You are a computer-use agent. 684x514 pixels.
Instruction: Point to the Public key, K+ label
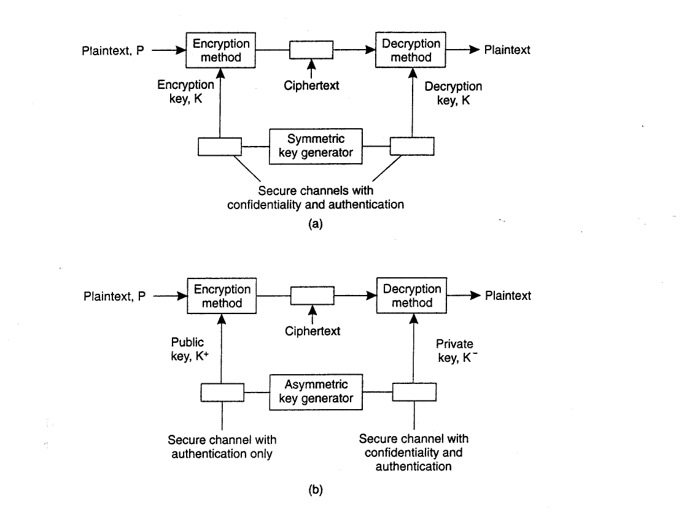tap(189, 349)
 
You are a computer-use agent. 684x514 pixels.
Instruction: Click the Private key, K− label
tap(456, 351)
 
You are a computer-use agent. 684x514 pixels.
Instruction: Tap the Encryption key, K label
tap(185, 91)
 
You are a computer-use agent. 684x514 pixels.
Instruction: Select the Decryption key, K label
tap(453, 93)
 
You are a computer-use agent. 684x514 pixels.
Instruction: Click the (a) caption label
tap(316, 224)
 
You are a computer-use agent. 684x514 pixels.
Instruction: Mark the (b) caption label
tap(316, 490)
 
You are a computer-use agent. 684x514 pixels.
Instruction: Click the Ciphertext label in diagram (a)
tap(311, 85)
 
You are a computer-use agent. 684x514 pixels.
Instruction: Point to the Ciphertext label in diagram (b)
tap(313, 331)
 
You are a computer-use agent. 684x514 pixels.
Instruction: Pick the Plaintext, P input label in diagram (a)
tap(113, 51)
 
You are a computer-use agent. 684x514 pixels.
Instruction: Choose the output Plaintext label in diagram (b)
tap(508, 296)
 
